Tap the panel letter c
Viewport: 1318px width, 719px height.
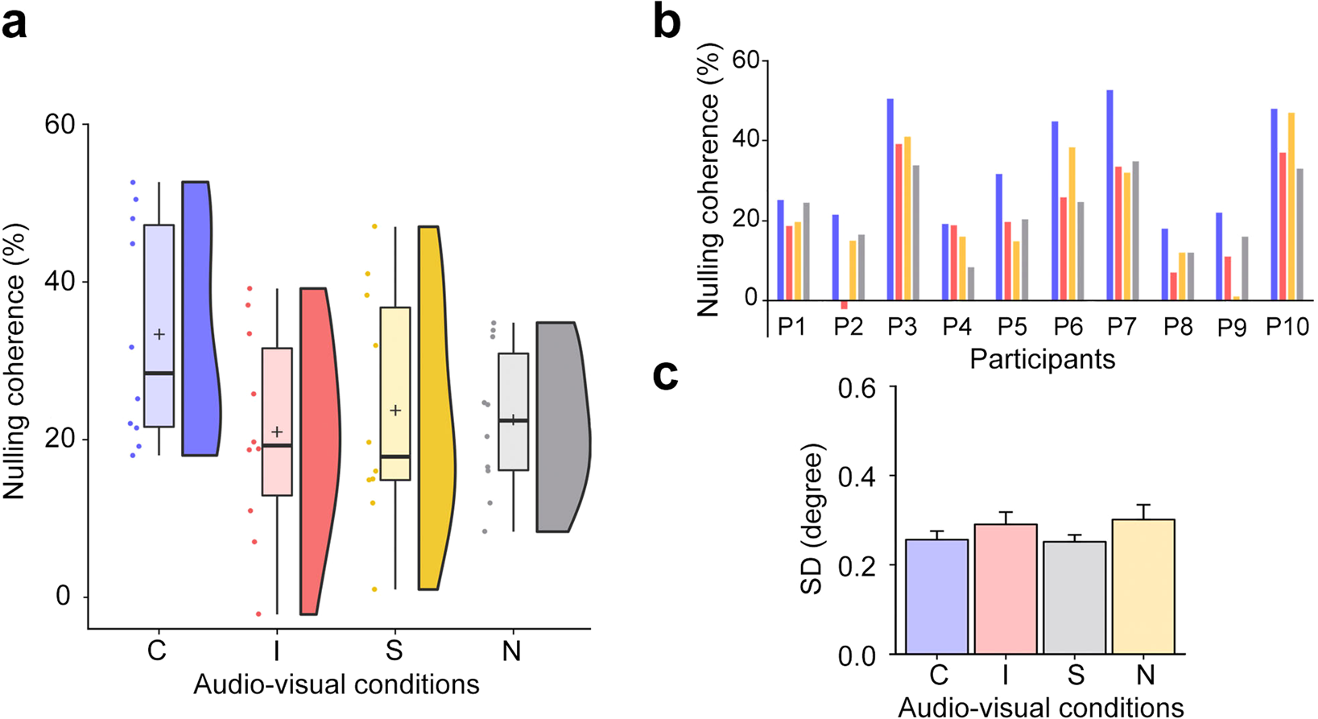(666, 375)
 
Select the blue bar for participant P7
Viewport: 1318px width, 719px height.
(1109, 194)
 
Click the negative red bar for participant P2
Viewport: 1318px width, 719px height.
(844, 304)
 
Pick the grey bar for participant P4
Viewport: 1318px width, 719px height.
(970, 283)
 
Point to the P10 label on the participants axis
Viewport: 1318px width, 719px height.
(1287, 327)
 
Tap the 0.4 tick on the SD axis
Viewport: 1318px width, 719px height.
(858, 476)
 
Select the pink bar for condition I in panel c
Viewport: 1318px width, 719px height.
(1006, 589)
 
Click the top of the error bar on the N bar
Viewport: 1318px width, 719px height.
(1143, 505)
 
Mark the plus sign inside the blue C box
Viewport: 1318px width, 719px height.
(159, 334)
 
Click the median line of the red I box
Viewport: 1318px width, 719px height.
(277, 445)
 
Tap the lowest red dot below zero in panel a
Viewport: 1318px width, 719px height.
(258, 614)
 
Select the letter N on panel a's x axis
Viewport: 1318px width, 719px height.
(511, 651)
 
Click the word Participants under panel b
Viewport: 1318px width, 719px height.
(1042, 358)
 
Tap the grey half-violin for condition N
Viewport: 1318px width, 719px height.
(562, 427)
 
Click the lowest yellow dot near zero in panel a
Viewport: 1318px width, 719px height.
(374, 589)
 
